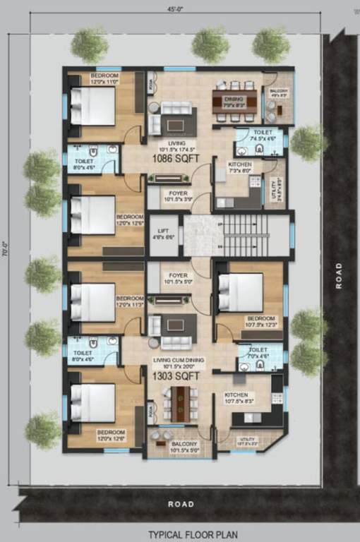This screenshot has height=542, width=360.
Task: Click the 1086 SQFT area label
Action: tap(177, 159)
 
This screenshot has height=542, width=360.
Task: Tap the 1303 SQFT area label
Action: tap(176, 377)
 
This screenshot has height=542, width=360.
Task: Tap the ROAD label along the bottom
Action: tap(180, 504)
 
